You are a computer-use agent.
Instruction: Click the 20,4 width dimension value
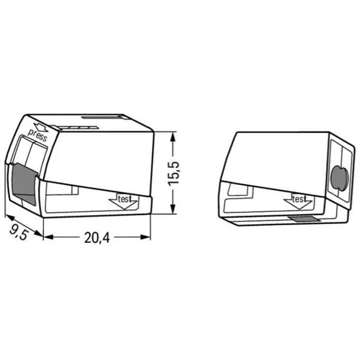point(97,238)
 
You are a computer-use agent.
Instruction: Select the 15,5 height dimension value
point(173,173)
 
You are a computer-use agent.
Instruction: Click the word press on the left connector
point(38,135)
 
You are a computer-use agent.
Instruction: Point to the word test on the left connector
point(124,199)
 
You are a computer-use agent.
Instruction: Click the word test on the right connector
point(299,199)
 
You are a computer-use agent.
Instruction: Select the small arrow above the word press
point(41,127)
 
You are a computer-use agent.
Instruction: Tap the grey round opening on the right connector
point(340,178)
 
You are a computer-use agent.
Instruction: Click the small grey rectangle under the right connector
point(304,219)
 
